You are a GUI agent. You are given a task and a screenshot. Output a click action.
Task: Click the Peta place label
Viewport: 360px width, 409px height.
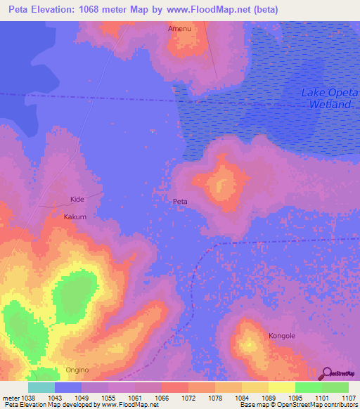coord(180,202)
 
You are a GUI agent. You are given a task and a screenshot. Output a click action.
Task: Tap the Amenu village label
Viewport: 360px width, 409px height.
coord(179,29)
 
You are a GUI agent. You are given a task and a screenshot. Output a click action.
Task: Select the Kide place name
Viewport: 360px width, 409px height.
coord(77,200)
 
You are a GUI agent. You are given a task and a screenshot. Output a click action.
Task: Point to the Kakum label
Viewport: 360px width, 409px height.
coord(75,217)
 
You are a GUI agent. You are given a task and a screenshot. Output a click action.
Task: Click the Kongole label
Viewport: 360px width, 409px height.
coord(282,336)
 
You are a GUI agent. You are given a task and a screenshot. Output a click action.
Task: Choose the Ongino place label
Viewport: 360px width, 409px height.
coord(77,370)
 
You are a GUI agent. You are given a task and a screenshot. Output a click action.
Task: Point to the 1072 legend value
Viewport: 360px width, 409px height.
coord(188,398)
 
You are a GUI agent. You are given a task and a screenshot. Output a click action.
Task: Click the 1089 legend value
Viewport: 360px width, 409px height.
coord(268,398)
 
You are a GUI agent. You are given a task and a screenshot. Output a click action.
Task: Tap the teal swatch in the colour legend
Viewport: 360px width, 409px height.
coord(41,387)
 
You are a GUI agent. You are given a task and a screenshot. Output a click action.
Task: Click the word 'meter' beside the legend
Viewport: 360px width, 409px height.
coord(10,398)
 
